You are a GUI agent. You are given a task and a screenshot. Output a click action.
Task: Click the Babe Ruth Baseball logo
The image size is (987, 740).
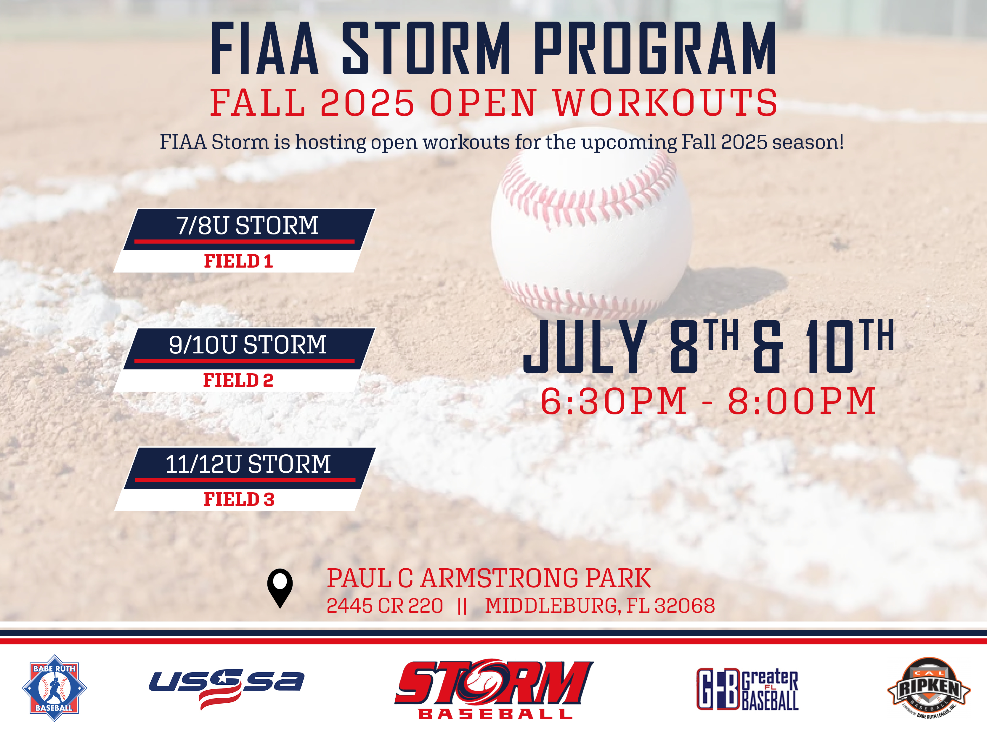pos(54,688)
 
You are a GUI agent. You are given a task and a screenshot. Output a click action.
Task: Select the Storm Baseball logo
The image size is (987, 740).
pos(494,688)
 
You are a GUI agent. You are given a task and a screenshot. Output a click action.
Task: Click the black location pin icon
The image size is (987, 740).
pos(280,588)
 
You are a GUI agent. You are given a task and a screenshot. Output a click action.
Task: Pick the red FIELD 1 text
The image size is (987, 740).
pos(238,261)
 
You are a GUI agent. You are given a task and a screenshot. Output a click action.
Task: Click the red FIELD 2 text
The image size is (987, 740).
pos(238,380)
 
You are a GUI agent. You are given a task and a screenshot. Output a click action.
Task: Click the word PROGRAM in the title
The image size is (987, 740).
pos(655,48)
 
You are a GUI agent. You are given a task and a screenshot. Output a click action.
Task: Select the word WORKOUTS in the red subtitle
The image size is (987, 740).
pos(666,103)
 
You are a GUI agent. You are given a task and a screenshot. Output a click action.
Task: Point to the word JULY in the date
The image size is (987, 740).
pos(585,347)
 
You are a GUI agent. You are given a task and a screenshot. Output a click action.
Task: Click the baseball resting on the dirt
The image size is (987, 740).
pos(592,234)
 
